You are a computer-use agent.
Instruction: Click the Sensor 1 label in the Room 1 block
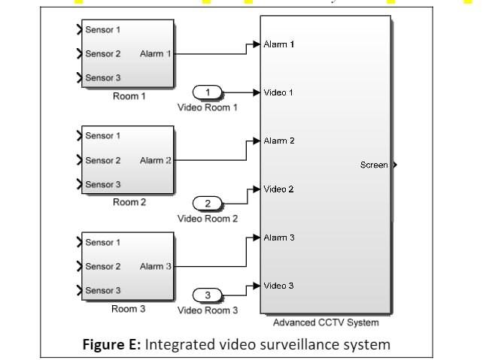click(x=102, y=30)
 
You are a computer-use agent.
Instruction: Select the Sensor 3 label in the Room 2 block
click(x=102, y=185)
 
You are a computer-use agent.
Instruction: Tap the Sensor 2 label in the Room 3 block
click(x=102, y=267)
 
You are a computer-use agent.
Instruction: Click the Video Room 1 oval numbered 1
click(x=208, y=92)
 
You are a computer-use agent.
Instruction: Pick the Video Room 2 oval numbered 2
click(x=208, y=203)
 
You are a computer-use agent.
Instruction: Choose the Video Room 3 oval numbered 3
click(x=208, y=295)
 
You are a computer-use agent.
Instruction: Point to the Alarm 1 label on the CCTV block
click(x=278, y=45)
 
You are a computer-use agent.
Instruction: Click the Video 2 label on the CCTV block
click(x=278, y=189)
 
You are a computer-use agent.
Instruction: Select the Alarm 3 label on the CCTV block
click(x=278, y=238)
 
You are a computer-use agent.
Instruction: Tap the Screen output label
click(x=374, y=165)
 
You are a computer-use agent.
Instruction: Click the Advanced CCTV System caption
click(x=325, y=323)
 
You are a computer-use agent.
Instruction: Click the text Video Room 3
click(x=208, y=310)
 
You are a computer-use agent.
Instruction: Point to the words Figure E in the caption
click(x=110, y=345)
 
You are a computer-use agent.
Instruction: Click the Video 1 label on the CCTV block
click(x=278, y=92)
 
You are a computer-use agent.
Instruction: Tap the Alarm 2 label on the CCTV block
click(x=278, y=141)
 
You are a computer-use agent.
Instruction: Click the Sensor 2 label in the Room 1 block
click(x=102, y=54)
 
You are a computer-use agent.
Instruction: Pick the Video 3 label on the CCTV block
click(x=278, y=286)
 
